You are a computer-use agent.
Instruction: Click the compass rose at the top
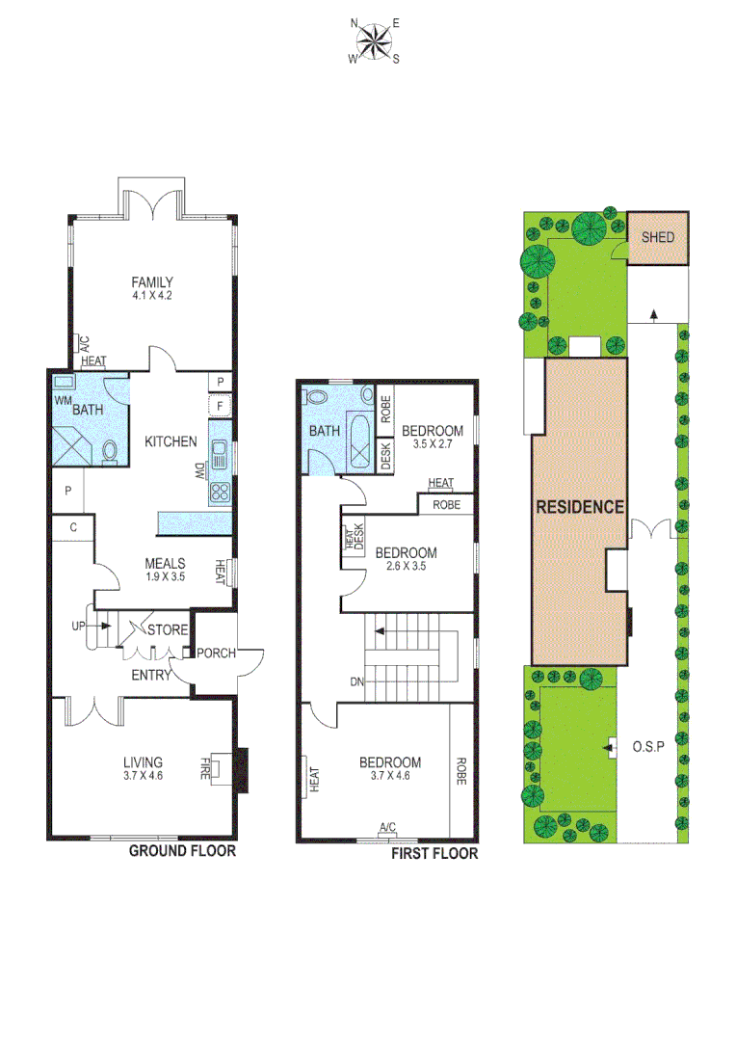(x=374, y=40)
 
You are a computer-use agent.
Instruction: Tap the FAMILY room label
(x=152, y=282)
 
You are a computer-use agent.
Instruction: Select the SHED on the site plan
(x=658, y=237)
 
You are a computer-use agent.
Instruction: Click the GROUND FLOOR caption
(x=183, y=851)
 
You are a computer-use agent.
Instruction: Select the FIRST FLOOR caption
(x=434, y=854)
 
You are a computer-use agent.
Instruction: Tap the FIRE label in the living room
(x=204, y=768)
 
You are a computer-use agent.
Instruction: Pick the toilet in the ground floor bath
(x=111, y=451)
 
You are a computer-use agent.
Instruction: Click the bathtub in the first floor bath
(x=359, y=442)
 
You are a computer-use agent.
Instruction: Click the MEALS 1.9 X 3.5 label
(x=165, y=569)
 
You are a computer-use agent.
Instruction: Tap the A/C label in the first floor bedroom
(x=387, y=827)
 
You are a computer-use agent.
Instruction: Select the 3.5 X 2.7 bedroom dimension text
(x=433, y=444)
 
